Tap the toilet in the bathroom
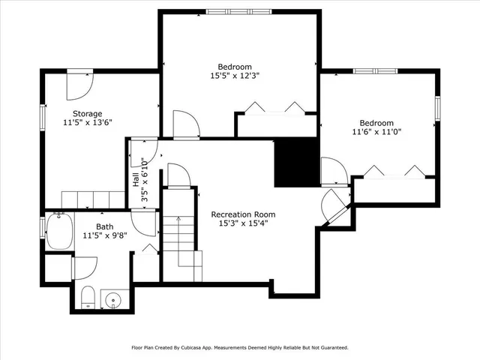click(86, 298)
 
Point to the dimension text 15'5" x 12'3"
click(235, 75)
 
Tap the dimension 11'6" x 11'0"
click(376, 133)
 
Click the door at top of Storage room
click(79, 85)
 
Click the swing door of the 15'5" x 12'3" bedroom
click(184, 125)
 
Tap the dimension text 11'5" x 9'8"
click(105, 235)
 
